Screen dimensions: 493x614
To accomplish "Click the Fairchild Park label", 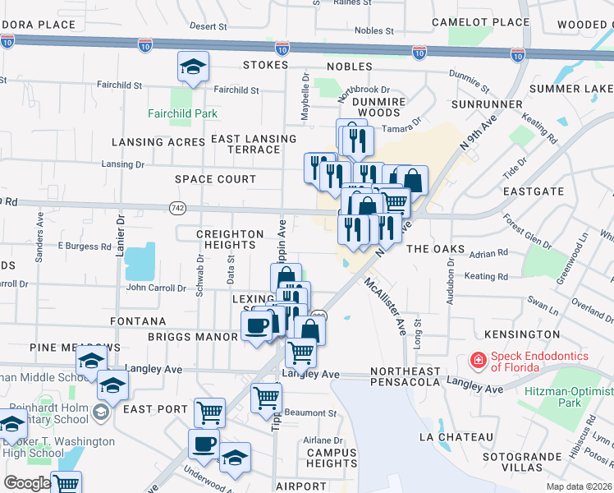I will point(176,113).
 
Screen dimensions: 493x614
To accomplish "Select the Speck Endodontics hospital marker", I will point(476,360).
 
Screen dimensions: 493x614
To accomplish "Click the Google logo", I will point(27,482).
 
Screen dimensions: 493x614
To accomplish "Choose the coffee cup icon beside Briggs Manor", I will point(256,326).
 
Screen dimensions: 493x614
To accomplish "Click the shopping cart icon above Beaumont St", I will point(267,399).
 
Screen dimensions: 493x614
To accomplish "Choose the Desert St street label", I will point(208,26).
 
